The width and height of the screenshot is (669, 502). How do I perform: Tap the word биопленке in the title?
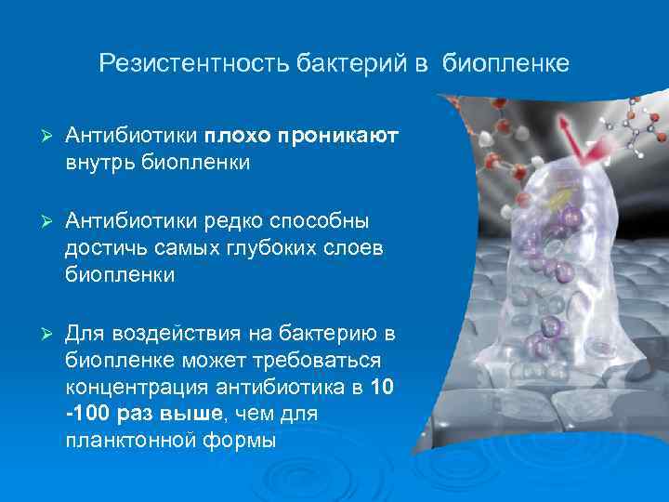click(505, 64)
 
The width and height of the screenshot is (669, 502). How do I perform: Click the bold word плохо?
click(237, 137)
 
